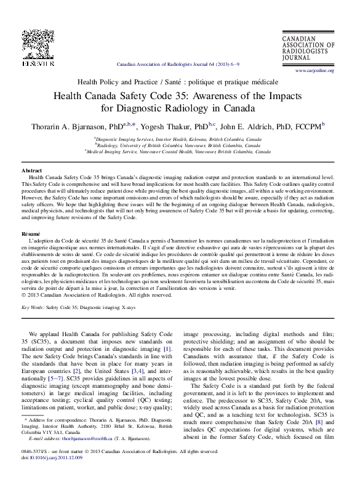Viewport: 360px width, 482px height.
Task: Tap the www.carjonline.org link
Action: coord(314,71)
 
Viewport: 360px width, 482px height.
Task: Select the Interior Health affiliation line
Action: coord(179,140)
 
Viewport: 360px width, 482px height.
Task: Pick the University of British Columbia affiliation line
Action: coord(179,145)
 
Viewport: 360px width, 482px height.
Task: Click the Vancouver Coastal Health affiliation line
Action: coord(178,151)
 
